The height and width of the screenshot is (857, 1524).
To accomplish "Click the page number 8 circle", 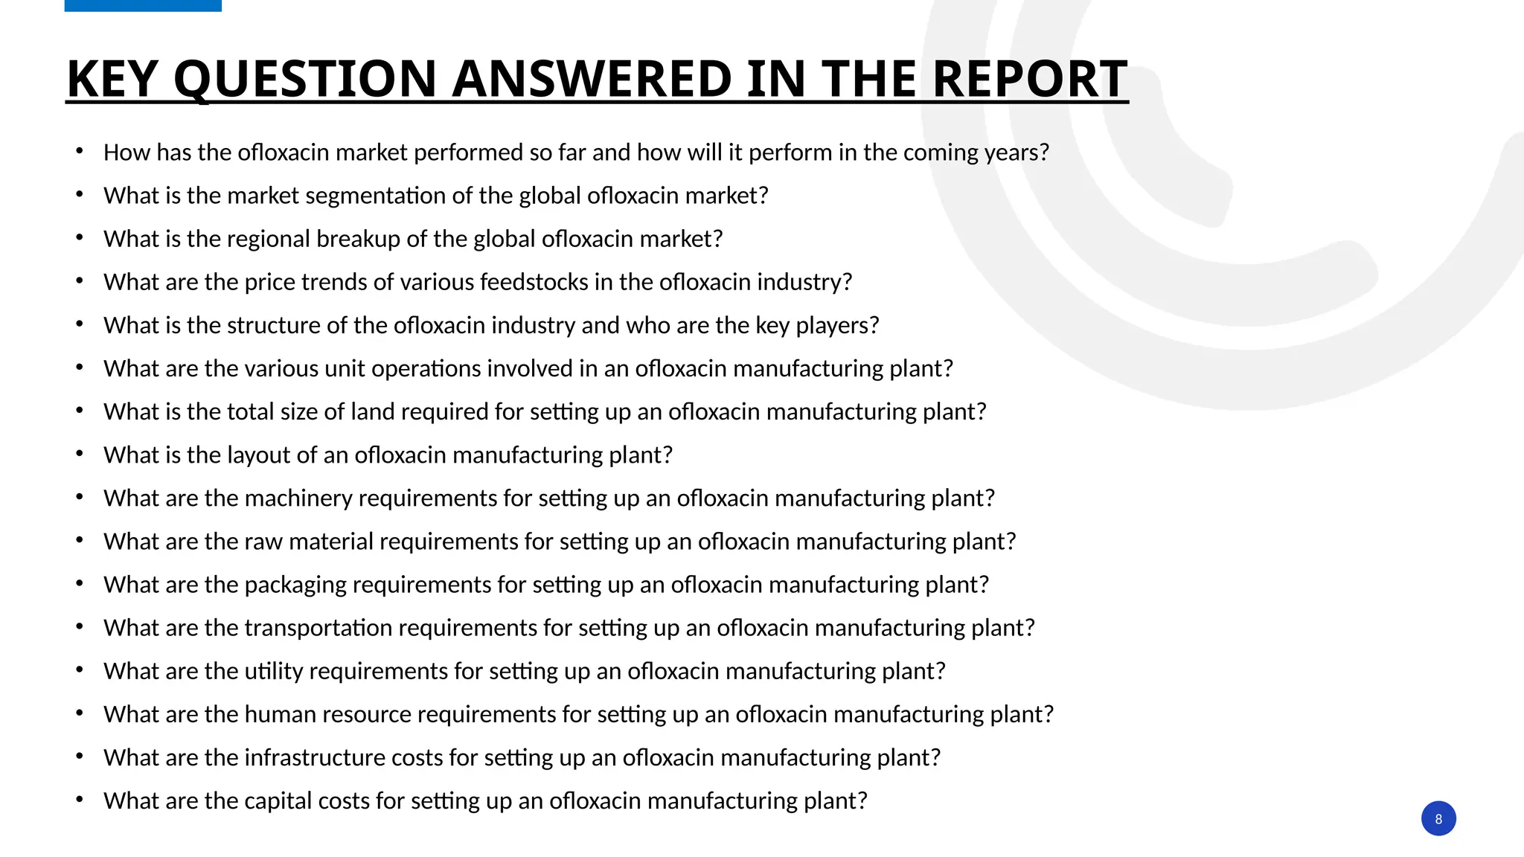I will [x=1438, y=818].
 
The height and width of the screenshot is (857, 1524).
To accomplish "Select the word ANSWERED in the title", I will [x=592, y=79].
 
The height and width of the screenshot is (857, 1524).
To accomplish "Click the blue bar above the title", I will [x=143, y=5].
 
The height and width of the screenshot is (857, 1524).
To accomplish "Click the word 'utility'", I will [x=273, y=671].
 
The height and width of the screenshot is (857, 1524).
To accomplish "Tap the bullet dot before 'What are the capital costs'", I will [x=80, y=800].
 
